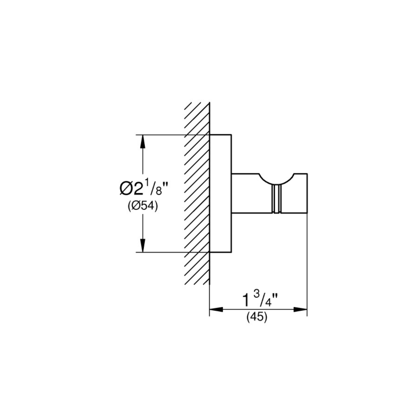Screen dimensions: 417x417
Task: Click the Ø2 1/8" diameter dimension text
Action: [144, 188]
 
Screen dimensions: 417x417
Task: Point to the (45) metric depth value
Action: [257, 317]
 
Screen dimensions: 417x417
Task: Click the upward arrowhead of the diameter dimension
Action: [142, 142]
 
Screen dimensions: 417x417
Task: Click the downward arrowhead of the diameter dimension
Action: [142, 246]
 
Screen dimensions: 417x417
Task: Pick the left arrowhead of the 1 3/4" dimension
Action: [216, 310]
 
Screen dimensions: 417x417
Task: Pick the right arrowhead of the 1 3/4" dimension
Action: [300, 310]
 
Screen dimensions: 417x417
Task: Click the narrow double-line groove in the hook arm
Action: [277, 199]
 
